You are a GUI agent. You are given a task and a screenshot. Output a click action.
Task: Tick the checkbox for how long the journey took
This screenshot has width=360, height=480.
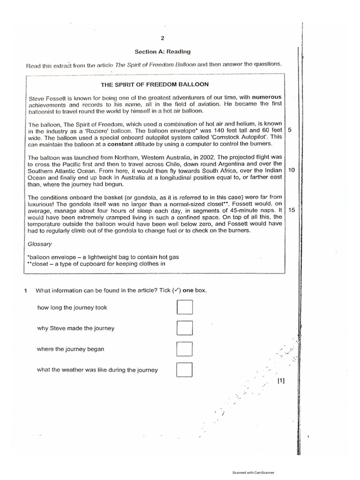pos(185,307)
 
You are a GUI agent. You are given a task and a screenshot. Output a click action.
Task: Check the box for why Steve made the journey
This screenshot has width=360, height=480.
pos(185,328)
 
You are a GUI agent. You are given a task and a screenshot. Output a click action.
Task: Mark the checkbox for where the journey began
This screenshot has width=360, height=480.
pos(185,349)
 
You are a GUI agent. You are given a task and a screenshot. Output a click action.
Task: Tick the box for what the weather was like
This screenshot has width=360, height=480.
pos(185,370)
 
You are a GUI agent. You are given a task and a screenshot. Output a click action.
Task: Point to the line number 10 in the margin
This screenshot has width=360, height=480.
pos(292,170)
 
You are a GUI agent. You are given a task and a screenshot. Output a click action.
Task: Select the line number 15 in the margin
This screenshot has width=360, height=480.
pos(292,210)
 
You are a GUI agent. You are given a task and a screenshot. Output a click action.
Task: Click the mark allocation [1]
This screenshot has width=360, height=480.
pos(281,381)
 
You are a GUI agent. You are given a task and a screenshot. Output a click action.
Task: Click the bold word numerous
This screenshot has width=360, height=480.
pos(265,97)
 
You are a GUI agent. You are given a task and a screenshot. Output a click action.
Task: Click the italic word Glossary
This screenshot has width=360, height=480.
pos(40,244)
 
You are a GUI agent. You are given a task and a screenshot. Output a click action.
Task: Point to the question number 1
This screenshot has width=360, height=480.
pos(26,290)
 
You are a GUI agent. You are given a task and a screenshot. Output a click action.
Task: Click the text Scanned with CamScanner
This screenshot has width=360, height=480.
pos(254,473)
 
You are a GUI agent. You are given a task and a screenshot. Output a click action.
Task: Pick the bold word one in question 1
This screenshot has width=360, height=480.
pos(188,290)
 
